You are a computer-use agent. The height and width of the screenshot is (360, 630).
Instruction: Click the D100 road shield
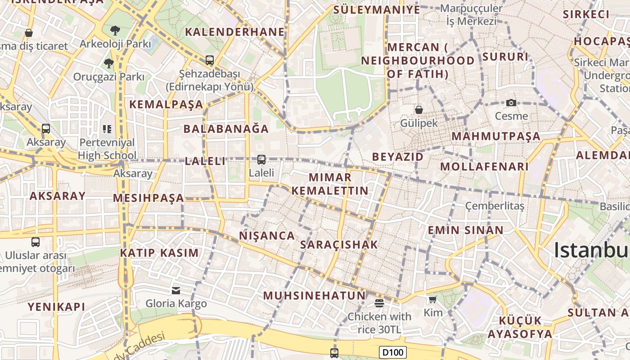(x=393, y=352)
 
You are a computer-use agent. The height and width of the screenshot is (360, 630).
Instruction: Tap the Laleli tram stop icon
(x=261, y=159)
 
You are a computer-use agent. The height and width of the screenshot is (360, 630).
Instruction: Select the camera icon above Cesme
(x=511, y=103)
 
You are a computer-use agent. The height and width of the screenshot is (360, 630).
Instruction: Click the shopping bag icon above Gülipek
(x=419, y=109)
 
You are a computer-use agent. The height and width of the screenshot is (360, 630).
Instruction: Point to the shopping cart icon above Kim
(x=432, y=299)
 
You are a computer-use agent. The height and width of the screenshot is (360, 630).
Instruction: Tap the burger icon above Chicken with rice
(x=379, y=303)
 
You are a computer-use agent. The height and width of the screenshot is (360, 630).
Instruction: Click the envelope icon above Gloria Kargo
(x=175, y=291)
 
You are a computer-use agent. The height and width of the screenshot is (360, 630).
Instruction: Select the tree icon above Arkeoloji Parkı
(x=115, y=31)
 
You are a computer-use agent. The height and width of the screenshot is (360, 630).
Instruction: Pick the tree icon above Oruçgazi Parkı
(x=108, y=63)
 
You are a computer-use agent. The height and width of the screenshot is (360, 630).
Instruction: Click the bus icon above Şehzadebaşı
(x=209, y=60)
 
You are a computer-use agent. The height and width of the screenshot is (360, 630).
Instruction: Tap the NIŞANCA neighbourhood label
(x=267, y=236)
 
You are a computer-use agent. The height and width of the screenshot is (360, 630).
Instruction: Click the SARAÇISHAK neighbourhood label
(x=339, y=245)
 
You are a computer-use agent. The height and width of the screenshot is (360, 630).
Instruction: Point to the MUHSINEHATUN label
(x=314, y=296)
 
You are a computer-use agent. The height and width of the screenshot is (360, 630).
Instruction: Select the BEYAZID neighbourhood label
(x=398, y=157)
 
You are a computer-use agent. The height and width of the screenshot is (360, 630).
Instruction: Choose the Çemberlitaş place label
(x=495, y=206)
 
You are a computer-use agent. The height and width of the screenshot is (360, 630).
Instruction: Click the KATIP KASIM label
(x=159, y=253)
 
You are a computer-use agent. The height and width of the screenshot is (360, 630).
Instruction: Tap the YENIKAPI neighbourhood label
(x=56, y=307)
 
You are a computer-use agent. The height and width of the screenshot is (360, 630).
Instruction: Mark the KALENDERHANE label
(x=235, y=32)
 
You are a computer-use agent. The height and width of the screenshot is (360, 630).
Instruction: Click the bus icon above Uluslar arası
(x=36, y=242)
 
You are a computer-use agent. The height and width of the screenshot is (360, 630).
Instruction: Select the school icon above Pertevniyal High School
(x=107, y=130)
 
